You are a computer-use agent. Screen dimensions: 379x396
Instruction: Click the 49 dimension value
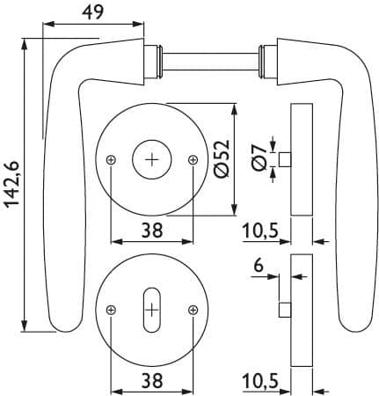[93, 12]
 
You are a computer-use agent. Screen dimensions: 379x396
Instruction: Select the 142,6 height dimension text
[12, 185]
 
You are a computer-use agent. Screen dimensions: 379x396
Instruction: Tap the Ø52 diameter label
[222, 158]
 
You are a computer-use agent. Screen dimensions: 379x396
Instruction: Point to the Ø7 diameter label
[259, 158]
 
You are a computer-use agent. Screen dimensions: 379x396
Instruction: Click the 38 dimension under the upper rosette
[152, 231]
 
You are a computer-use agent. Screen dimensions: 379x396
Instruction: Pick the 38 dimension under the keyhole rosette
[152, 380]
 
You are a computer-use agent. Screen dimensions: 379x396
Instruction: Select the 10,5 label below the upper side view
[260, 231]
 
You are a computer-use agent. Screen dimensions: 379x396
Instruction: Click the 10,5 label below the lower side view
[260, 381]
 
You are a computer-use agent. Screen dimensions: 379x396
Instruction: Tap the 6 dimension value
[259, 266]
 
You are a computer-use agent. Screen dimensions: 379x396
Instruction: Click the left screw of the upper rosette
[111, 160]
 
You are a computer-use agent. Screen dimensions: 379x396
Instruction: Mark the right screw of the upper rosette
[193, 160]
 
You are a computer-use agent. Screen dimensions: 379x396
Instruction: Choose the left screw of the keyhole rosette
[111, 310]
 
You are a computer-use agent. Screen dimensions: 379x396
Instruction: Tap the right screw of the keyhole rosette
[193, 310]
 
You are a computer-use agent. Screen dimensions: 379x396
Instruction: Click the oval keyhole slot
[152, 310]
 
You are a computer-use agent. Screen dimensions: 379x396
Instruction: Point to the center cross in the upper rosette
[152, 159]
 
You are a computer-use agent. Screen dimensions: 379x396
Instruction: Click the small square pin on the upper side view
[285, 160]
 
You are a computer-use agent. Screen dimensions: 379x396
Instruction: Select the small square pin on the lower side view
[285, 310]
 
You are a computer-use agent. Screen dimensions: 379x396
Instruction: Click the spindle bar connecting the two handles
[210, 62]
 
